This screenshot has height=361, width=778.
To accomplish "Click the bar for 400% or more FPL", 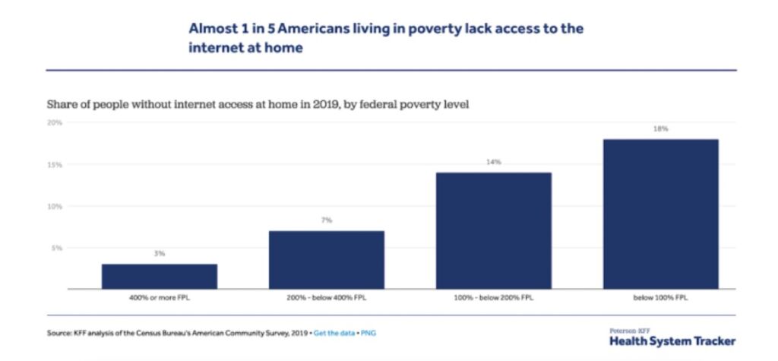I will tap(159, 276).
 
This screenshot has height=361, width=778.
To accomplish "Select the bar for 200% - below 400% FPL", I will tap(326, 259).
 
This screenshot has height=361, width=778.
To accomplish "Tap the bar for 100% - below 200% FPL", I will tap(493, 230).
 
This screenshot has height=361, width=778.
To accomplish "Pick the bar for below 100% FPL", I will tap(660, 214).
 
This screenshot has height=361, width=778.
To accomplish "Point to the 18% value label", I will tap(660, 129).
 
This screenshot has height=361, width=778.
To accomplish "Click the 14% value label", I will tap(493, 163).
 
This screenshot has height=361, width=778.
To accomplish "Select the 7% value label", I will tap(326, 220).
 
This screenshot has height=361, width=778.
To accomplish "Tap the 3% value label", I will tap(159, 254).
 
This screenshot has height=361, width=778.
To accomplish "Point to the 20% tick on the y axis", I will tap(55, 122).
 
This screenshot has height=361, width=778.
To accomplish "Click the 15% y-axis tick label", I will tap(55, 164).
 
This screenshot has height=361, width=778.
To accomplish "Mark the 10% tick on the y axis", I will tap(55, 206).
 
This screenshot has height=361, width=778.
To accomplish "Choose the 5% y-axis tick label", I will tap(56, 248).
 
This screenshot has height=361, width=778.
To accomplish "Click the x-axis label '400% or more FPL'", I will tap(159, 298).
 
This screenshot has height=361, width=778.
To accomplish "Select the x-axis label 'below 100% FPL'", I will tap(660, 298).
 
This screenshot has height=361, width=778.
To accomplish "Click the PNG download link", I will tap(368, 333).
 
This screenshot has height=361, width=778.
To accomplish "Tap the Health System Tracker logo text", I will tap(672, 341).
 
